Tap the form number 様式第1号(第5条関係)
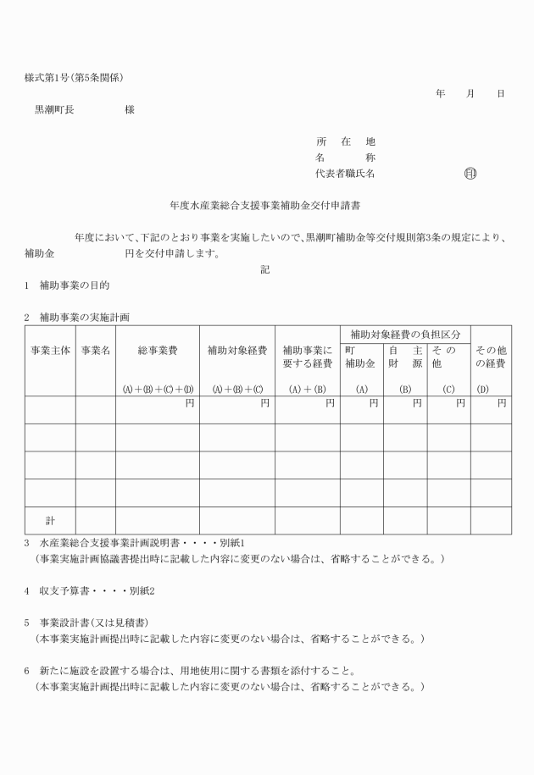pyautogui.click(x=75, y=78)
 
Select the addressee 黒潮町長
pyautogui.click(x=53, y=109)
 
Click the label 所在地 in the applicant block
pyautogui.click(x=345, y=141)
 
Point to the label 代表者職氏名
pyautogui.click(x=345, y=174)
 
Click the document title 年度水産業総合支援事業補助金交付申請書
pyautogui.click(x=267, y=205)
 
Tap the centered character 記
pyautogui.click(x=265, y=269)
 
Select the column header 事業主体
pyautogui.click(x=50, y=350)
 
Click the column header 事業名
pyautogui.click(x=95, y=350)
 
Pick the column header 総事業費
pyautogui.click(x=158, y=350)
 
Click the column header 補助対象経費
pyautogui.click(x=237, y=350)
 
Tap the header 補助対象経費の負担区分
pyautogui.click(x=405, y=335)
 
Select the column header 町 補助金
pyautogui.click(x=362, y=357)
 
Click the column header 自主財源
pyautogui.click(x=405, y=357)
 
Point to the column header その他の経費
pyautogui.click(x=491, y=357)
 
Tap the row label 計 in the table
pyautogui.click(x=50, y=519)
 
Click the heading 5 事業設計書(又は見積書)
pyautogui.click(x=92, y=621)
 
